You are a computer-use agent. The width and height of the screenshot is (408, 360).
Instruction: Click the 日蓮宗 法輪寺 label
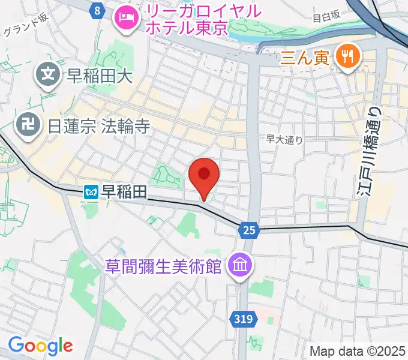point(98,125)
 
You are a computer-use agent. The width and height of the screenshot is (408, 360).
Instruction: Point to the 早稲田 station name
point(124,192)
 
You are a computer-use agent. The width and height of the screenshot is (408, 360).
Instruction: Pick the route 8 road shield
point(97,10)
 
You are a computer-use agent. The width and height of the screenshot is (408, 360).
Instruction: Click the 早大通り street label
point(284,139)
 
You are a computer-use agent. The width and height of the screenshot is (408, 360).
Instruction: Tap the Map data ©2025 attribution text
point(357,351)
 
